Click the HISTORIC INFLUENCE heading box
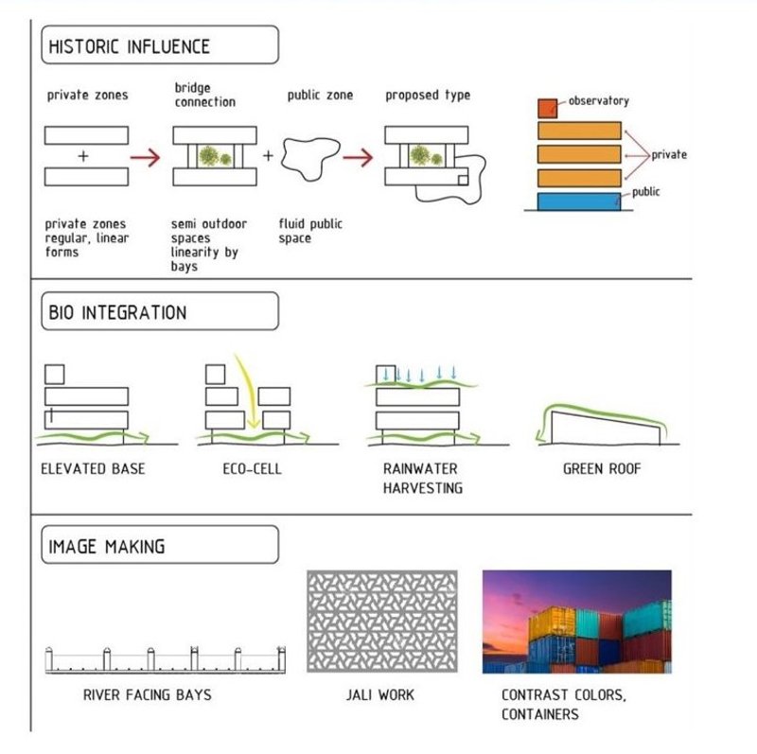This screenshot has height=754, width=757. pos(160,44)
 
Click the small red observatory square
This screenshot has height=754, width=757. pos(548,109)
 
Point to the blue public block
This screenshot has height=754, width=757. pos(579,202)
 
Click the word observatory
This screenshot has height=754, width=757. pos(599,101)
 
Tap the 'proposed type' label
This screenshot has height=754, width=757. pos(428,96)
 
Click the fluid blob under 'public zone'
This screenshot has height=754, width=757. pos(310,158)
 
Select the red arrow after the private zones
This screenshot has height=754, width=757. pos(146,157)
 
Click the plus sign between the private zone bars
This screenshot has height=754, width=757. pos(83,156)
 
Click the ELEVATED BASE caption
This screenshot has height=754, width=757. pos(93,468)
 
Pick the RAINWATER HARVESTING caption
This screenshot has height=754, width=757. pos(422,479)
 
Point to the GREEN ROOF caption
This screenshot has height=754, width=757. pos(602,468)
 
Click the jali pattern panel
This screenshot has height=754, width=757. pos(382,622)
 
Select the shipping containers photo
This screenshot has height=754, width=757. pos(577,622)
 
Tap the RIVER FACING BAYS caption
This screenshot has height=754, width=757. pos(148,694)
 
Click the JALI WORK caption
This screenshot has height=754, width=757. pos(380,694)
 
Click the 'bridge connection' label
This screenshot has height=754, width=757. pos(205,95)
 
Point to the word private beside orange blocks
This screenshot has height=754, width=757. pos(669,155)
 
